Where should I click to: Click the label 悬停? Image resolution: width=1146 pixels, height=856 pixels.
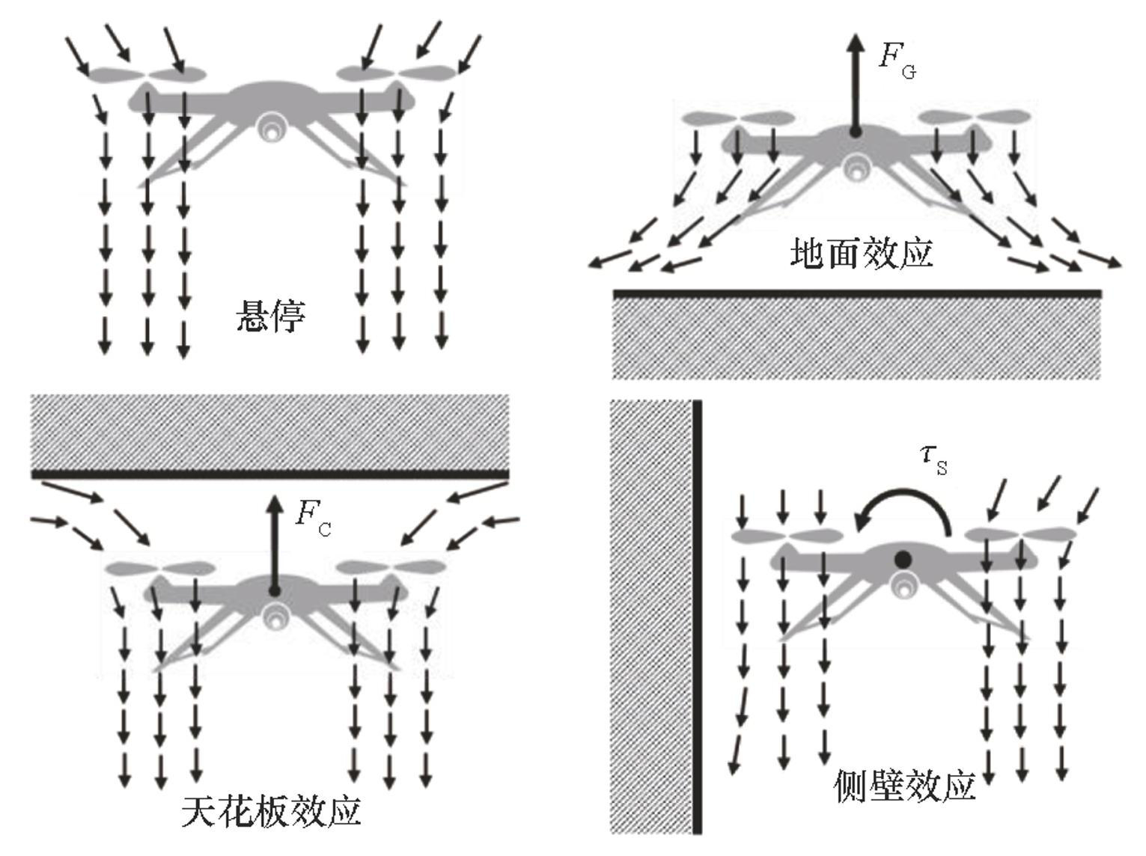tap(271, 316)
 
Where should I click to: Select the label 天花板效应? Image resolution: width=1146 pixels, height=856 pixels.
tap(272, 812)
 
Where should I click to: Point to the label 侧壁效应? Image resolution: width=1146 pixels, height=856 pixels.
tap(904, 787)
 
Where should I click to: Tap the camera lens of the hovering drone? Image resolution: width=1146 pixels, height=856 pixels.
tap(269, 129)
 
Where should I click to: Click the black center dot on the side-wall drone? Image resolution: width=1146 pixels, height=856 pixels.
tap(903, 559)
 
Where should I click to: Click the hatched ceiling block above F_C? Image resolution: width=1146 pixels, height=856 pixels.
tap(269, 432)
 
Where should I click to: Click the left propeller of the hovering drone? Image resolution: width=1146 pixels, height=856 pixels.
tap(147, 74)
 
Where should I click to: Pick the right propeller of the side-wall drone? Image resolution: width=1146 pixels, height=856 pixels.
tap(1021, 534)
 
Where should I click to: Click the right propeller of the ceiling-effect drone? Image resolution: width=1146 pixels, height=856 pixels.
tap(391, 567)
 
